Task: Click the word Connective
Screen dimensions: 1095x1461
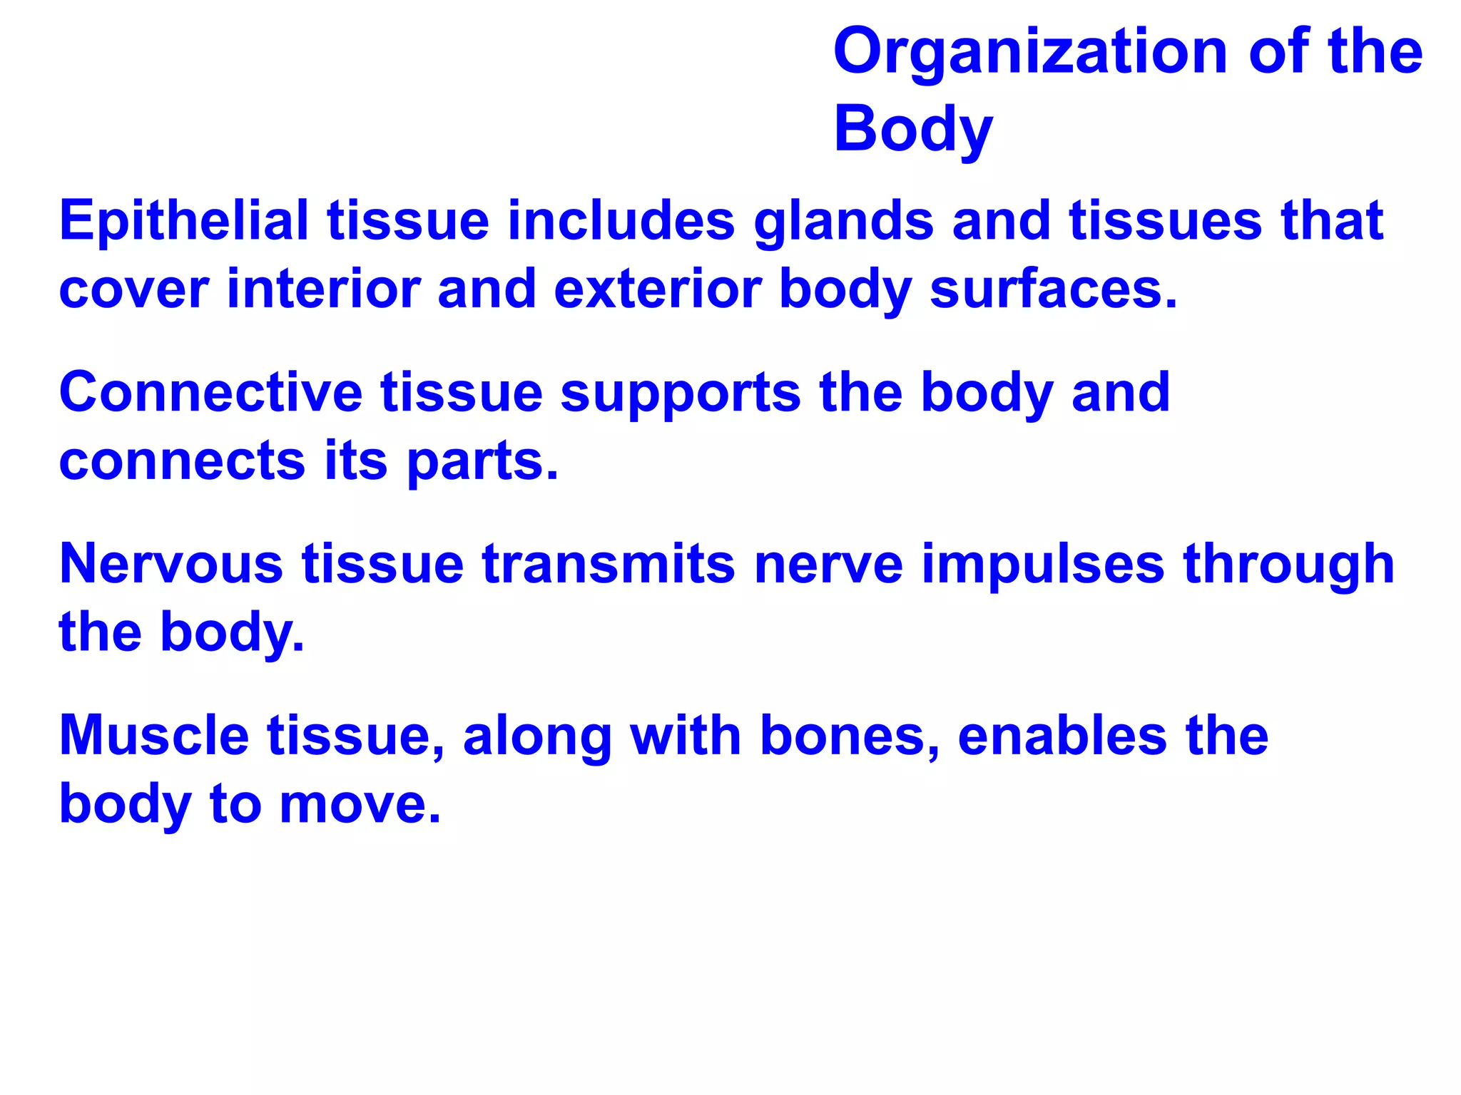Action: point(210,392)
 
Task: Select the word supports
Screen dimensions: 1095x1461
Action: point(681,394)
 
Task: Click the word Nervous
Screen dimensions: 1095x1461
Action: point(171,564)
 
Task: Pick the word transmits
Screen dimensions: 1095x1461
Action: point(609,564)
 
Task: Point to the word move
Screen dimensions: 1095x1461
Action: point(360,805)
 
